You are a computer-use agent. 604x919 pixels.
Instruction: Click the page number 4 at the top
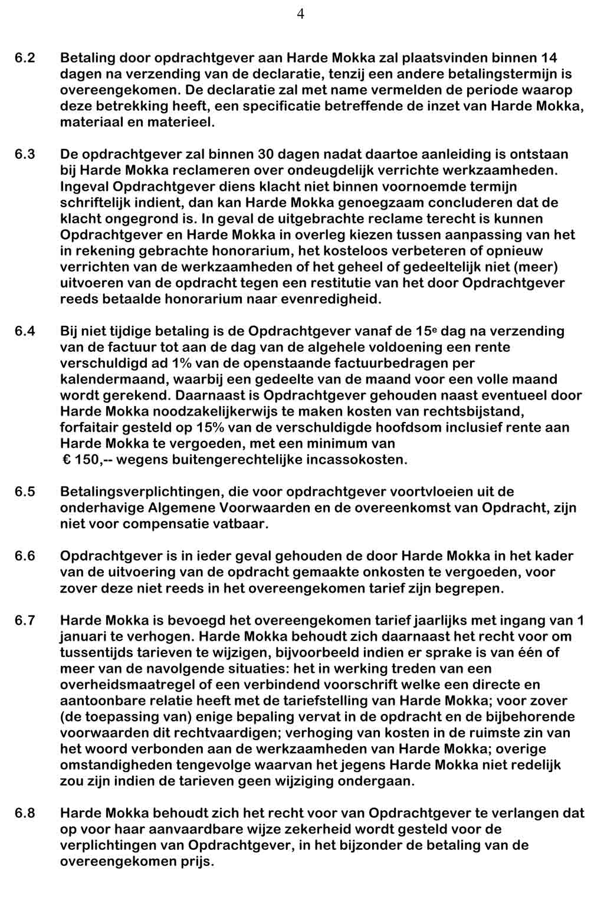coord(301,14)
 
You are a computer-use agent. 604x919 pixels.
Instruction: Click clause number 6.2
coord(25,58)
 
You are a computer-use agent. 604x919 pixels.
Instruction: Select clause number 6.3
coord(25,155)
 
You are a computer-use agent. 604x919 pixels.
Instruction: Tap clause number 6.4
coord(25,331)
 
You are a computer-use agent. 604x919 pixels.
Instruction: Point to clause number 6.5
coord(25,492)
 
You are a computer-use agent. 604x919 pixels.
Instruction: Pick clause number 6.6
coord(25,556)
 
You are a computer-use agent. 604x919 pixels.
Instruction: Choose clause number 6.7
coord(25,620)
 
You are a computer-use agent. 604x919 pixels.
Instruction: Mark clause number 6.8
coord(25,813)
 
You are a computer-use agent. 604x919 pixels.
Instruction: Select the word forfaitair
coord(88,427)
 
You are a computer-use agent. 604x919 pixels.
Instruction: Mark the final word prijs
coord(194,862)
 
